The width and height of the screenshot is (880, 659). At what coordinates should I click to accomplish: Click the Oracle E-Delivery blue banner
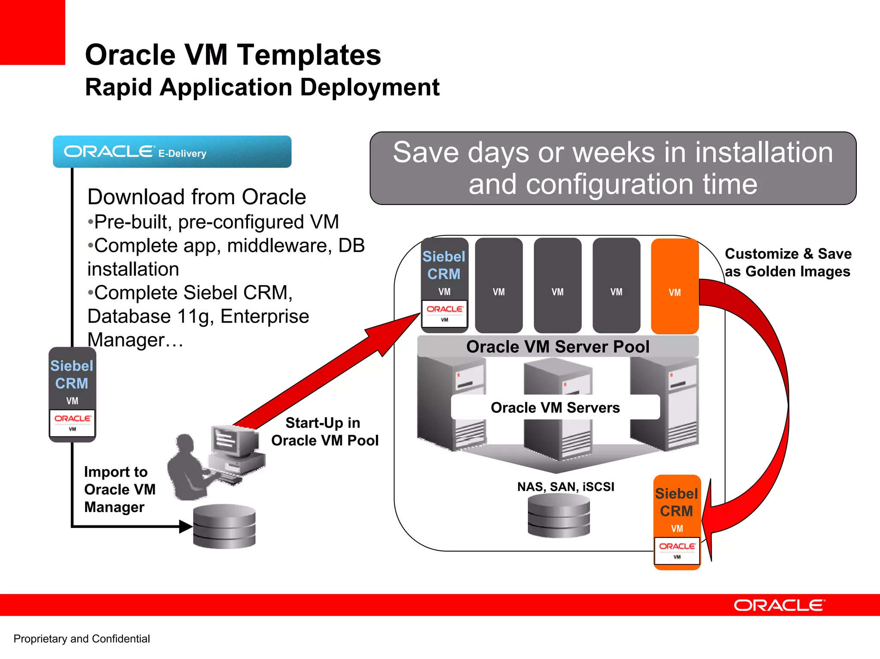click(172, 152)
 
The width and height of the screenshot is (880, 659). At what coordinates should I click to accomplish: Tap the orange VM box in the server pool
click(675, 286)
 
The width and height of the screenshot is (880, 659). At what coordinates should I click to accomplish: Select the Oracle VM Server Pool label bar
click(558, 346)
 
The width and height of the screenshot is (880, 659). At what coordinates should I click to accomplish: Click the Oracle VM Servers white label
click(555, 407)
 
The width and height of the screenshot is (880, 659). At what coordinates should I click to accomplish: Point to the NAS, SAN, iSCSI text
click(565, 487)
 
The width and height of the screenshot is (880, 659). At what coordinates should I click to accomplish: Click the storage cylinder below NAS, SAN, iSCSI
click(559, 516)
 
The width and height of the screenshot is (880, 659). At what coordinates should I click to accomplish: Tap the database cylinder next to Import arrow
click(224, 526)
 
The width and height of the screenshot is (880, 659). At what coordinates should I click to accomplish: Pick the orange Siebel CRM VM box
click(677, 522)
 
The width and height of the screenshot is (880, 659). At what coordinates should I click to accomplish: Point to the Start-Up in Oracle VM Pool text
click(324, 432)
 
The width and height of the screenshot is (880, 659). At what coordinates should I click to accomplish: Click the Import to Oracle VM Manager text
click(119, 489)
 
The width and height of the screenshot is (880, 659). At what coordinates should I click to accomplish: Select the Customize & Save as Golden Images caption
click(788, 262)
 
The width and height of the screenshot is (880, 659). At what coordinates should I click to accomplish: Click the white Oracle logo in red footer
click(779, 605)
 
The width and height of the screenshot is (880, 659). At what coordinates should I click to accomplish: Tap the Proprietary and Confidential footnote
click(82, 639)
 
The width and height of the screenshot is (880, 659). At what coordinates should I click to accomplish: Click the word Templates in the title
click(309, 55)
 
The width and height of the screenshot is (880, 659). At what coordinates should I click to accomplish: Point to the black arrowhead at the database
click(186, 526)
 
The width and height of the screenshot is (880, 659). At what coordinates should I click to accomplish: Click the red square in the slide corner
click(32, 32)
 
